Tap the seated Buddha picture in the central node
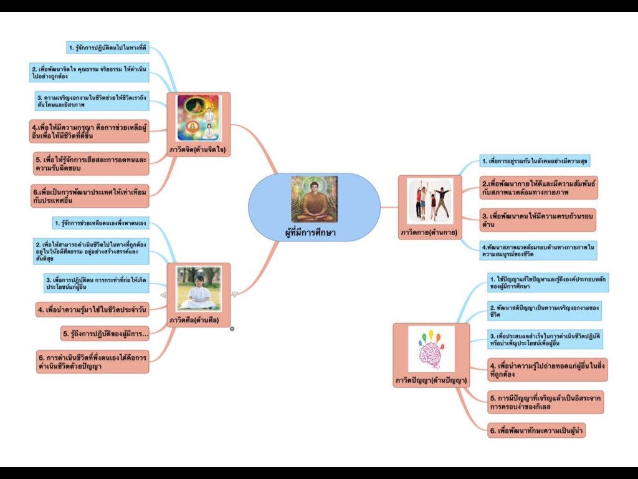point(314,199)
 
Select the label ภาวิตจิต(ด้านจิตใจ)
point(199,150)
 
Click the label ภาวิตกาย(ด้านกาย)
point(429,233)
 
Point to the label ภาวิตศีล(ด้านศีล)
point(199,321)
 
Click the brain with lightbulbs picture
point(431,350)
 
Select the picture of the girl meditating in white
point(198,288)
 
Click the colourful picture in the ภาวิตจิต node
point(199,118)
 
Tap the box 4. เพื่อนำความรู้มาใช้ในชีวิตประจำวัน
point(92,309)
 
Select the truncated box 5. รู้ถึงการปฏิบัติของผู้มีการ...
point(105,334)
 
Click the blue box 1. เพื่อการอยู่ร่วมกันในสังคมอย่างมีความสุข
point(535,161)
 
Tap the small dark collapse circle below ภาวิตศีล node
point(232,328)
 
